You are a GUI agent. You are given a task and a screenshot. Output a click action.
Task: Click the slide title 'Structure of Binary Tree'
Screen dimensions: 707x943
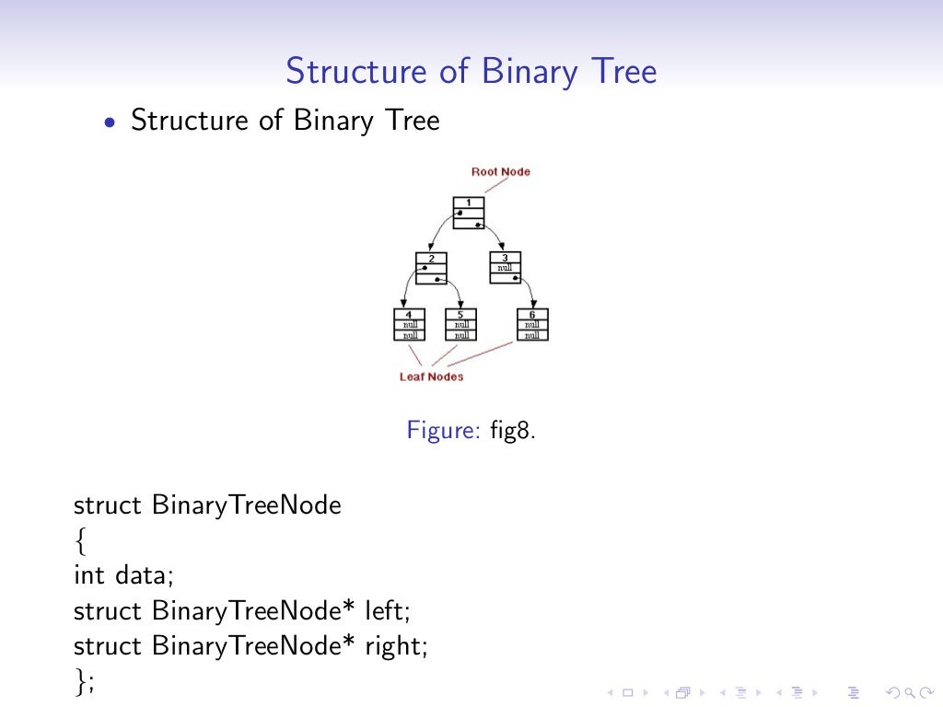point(471,71)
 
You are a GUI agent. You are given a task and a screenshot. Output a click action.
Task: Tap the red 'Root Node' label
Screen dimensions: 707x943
point(500,172)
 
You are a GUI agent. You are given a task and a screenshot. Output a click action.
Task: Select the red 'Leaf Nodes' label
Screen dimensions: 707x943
point(431,377)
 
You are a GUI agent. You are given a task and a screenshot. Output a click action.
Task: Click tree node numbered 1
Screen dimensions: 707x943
point(469,213)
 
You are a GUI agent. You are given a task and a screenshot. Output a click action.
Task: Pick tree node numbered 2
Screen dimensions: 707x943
point(431,268)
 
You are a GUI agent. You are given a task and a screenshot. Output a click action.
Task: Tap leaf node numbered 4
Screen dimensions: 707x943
point(409,324)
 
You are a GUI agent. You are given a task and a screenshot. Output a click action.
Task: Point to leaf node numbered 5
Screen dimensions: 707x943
point(460,324)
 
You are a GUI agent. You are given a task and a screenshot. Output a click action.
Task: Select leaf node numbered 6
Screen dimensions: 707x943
point(531,324)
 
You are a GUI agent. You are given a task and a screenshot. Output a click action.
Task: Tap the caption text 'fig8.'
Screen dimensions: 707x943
point(512,430)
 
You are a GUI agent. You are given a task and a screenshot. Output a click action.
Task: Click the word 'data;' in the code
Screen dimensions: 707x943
point(144,576)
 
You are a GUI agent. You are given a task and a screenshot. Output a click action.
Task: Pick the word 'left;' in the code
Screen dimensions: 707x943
point(385,610)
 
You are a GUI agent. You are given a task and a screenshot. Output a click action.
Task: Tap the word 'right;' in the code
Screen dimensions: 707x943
point(397,646)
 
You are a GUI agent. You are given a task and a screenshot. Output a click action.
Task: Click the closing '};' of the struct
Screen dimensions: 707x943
point(85,681)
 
